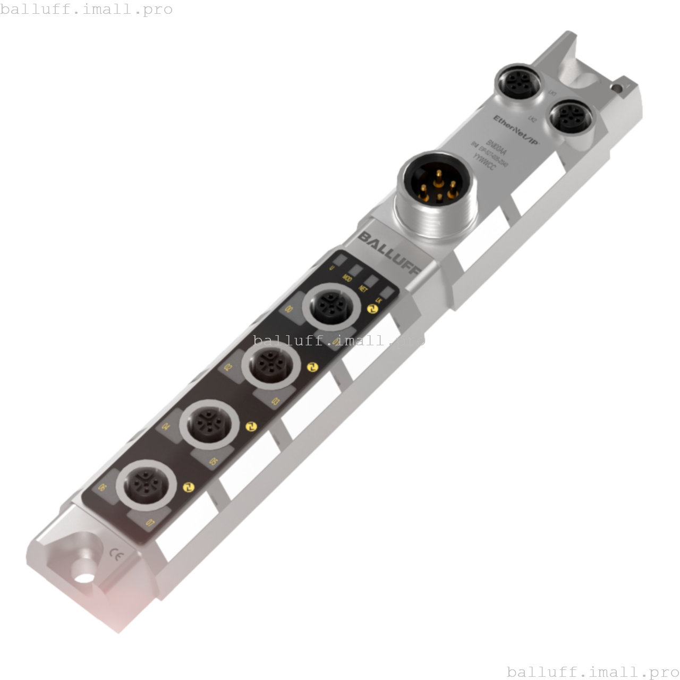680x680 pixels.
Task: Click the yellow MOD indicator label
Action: (x=347, y=278)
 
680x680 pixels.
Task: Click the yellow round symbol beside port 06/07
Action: (x=187, y=487)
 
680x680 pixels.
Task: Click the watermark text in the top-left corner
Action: (x=87, y=9)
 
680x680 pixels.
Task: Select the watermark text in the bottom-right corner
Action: (x=593, y=671)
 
